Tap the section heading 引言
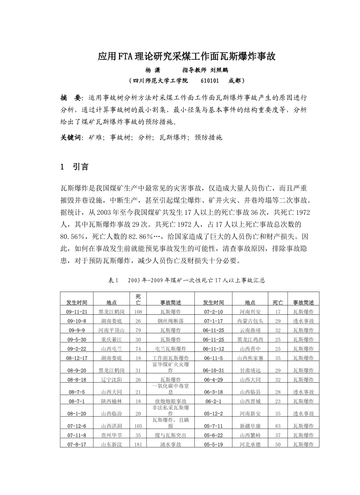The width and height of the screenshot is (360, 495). click(81, 167)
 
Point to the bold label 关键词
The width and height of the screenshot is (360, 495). click(71, 137)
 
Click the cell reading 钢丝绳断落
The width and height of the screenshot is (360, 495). click(171, 321)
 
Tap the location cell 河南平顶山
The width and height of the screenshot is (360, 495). click(111, 330)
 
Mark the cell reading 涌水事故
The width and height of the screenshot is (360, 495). click(171, 444)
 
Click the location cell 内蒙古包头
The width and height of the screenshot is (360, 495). click(250, 321)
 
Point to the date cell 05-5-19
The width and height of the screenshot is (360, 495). click(213, 444)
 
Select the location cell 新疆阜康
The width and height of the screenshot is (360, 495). click(250, 426)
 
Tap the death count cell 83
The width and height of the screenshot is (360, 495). click(278, 426)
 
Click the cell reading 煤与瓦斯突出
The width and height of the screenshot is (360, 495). click(171, 435)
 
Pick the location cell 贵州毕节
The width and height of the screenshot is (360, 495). click(111, 435)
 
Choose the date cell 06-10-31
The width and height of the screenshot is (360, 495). click(213, 370)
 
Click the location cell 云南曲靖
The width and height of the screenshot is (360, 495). click(250, 330)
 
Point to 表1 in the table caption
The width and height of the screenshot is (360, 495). click(114, 281)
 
